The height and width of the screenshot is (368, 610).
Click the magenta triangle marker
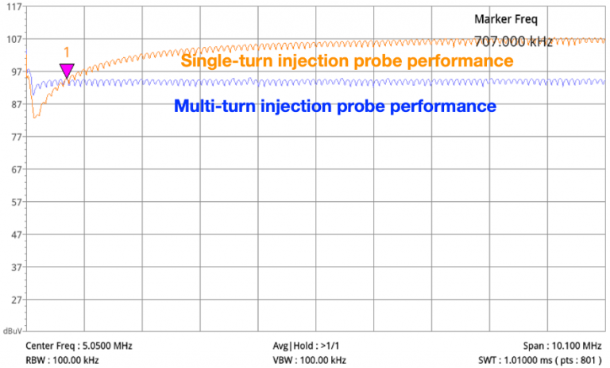click(x=67, y=71)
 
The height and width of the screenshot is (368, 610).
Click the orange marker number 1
click(x=67, y=52)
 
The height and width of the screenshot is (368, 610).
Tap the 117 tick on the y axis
click(x=14, y=6)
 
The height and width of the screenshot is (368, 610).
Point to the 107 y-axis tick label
click(x=14, y=39)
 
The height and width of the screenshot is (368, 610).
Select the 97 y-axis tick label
click(x=14, y=72)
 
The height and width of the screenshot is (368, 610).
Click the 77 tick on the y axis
click(x=14, y=138)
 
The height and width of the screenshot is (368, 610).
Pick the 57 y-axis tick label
click(x=14, y=203)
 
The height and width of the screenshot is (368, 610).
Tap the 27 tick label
click(x=14, y=300)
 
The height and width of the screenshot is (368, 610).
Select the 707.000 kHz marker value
click(x=513, y=41)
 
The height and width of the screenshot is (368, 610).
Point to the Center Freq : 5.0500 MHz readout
click(x=79, y=347)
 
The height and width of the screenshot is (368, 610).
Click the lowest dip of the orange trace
click(x=36, y=118)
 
